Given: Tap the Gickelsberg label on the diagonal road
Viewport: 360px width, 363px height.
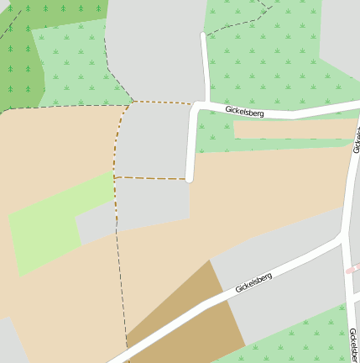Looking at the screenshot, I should pos(254,282).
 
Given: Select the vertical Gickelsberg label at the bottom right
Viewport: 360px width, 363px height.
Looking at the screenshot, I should pos(353,345).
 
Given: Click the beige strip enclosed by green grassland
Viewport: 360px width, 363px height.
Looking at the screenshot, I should pos(294,129).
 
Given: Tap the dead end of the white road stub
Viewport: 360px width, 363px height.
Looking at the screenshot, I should pos(190,178).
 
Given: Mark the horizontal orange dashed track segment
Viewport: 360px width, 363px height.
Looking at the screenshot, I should pos(151,178).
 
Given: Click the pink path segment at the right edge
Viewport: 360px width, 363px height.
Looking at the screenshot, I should pos(353,269).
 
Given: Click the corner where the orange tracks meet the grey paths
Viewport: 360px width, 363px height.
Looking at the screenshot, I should pos(132,103).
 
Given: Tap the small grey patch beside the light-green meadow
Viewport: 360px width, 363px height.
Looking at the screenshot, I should pos(95,224).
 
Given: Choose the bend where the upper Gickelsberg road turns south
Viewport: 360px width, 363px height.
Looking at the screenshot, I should pos(196,106).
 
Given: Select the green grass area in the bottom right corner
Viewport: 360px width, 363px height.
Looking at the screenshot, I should pos(302,340).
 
